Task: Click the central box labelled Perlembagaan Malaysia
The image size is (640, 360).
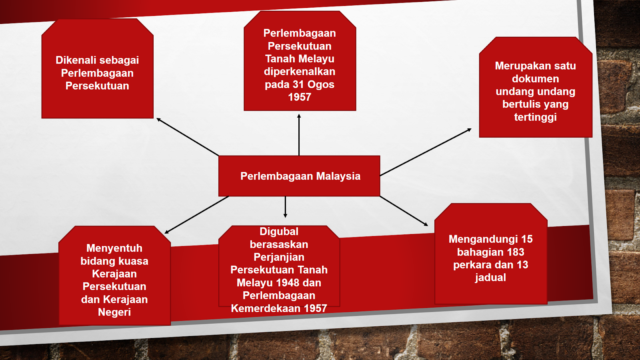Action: point(299,176)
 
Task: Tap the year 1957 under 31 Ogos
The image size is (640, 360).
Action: point(300,97)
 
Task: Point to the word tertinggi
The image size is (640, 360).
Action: point(536,117)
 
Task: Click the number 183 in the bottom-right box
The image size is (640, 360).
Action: point(516,252)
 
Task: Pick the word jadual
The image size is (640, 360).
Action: point(490,278)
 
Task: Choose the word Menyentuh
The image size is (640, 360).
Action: point(114,248)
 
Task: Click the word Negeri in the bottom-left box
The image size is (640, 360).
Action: point(114,312)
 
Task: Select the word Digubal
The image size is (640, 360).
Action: point(279,232)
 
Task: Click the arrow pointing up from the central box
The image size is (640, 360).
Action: point(299,135)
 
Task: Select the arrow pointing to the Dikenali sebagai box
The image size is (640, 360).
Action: point(188,137)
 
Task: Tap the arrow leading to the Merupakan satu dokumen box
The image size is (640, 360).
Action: point(426,152)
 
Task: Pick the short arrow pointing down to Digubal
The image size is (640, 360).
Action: point(285,207)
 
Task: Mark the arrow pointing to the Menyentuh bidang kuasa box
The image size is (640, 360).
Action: point(196,215)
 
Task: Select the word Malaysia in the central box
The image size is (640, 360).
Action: point(338,176)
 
